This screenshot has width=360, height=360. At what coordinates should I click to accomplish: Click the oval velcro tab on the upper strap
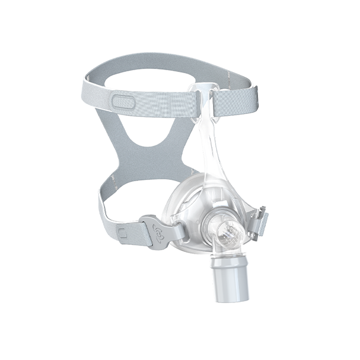coord(125,101)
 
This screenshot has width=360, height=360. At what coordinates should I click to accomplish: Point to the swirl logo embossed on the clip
coord(159,230)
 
